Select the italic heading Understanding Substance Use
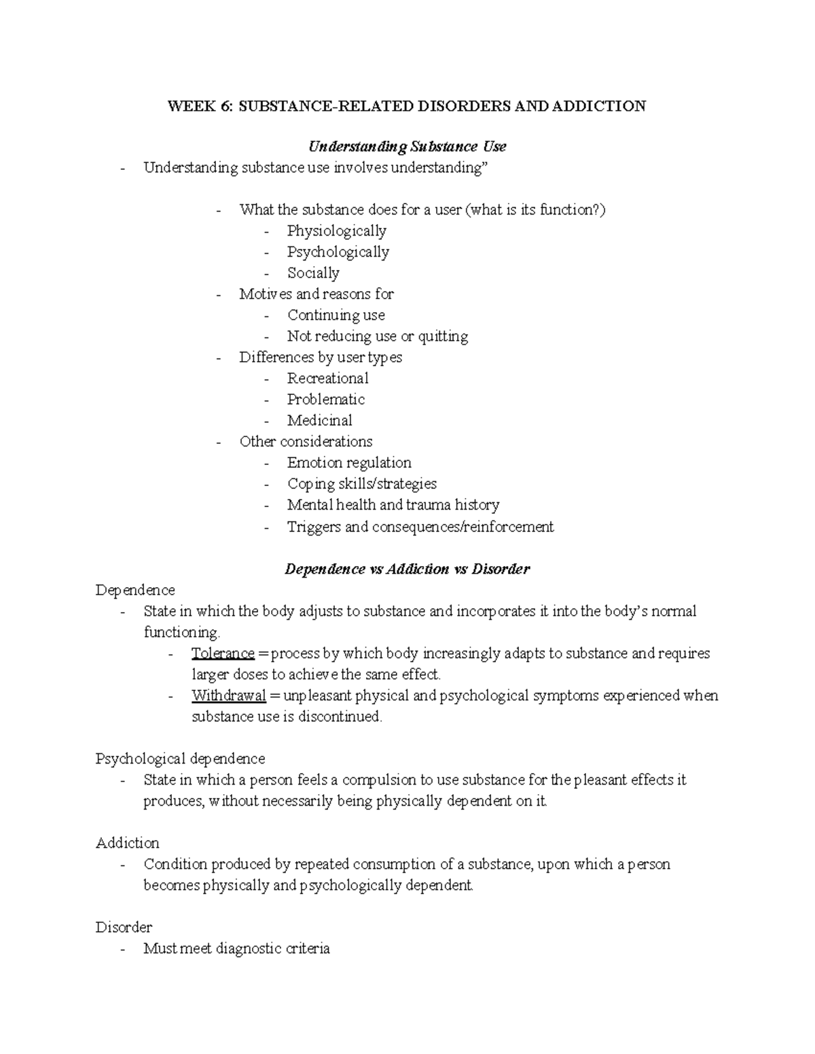(x=407, y=147)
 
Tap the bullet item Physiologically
(x=336, y=231)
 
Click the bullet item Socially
(x=313, y=273)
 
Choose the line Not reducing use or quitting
(x=377, y=336)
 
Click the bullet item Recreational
(x=327, y=378)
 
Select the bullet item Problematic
(x=325, y=399)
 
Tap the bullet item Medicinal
(x=319, y=420)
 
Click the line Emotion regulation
(x=349, y=463)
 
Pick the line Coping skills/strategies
(x=361, y=484)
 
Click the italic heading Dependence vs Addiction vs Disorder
(x=407, y=569)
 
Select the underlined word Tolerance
(x=223, y=654)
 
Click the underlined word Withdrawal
(x=228, y=696)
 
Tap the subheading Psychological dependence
(x=180, y=758)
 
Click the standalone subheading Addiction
(x=128, y=843)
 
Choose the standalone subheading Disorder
(x=124, y=927)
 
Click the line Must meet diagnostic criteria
(x=236, y=948)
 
